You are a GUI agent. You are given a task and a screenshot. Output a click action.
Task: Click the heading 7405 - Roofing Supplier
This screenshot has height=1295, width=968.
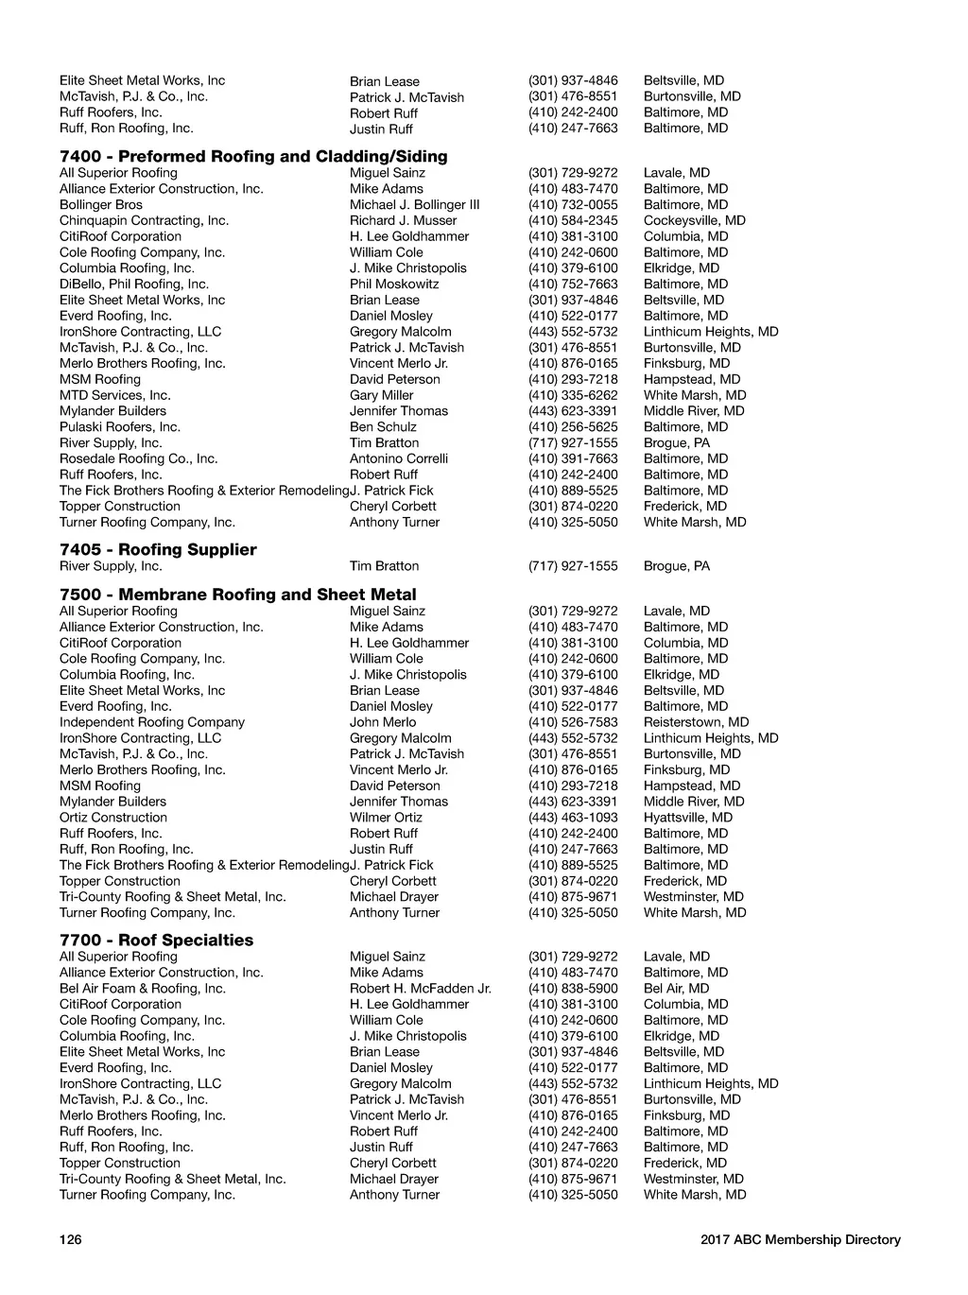[158, 550]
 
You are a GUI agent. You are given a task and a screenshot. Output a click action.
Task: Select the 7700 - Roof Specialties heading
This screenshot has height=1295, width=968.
[156, 941]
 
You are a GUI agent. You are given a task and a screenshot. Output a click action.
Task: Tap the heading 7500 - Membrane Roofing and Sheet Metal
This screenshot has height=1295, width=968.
[237, 595]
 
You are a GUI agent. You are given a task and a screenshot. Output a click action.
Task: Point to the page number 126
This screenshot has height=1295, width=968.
[71, 1240]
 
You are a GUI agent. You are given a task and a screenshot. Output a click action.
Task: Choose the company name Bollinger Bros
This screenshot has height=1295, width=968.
[101, 205]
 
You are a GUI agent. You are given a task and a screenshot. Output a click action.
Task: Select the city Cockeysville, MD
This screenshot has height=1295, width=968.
[695, 221]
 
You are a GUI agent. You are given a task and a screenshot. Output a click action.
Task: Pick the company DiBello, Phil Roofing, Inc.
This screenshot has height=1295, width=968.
[134, 285]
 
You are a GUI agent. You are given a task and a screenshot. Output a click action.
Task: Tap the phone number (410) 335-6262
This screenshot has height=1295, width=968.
[573, 396]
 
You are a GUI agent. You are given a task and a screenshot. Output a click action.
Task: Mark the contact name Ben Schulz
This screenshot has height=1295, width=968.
[383, 427]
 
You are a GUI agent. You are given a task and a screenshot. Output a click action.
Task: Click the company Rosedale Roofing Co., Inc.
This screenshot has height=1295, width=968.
[139, 459]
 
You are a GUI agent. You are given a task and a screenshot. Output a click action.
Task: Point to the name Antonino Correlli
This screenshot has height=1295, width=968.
[399, 459]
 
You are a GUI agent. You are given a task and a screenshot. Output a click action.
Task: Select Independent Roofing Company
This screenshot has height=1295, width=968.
[152, 722]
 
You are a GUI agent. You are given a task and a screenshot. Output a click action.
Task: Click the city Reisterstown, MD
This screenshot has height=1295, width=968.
[697, 722]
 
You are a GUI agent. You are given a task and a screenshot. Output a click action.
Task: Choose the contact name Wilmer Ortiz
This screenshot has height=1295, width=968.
[386, 818]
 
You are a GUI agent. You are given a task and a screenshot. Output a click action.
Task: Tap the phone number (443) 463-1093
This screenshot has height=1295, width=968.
[573, 818]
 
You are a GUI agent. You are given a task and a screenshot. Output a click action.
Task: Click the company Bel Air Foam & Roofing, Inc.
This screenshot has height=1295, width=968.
[143, 989]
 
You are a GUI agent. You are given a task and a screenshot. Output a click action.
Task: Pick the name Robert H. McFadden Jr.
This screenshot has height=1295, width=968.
[421, 989]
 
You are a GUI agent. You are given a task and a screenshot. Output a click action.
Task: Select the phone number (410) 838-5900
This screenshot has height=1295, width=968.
[573, 989]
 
